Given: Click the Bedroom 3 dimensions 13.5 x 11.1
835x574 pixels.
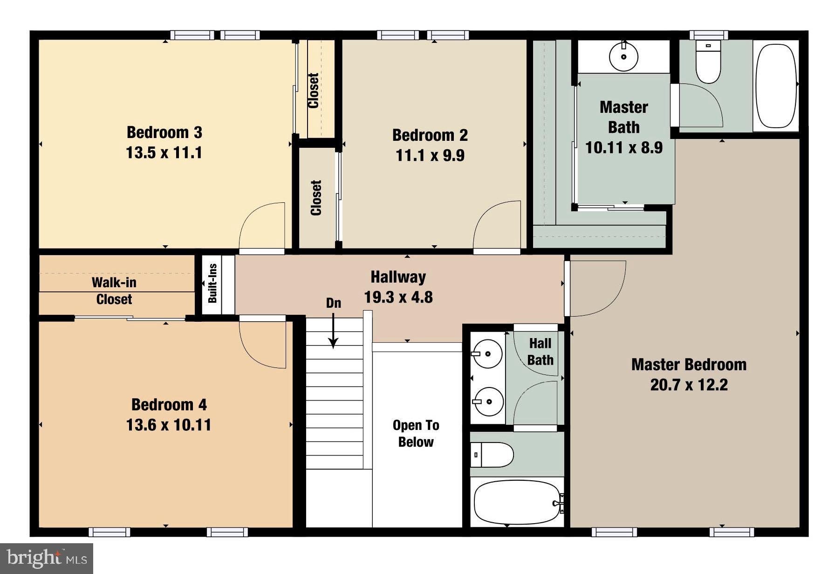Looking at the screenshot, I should click(164, 153).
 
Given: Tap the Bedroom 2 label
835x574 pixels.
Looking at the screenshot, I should click(430, 135).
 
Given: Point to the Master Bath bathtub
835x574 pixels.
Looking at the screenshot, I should click(776, 86).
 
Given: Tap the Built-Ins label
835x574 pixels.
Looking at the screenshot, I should click(212, 284).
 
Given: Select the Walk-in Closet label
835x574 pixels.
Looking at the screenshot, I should click(114, 290).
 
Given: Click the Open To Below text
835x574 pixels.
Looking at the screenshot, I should click(416, 433).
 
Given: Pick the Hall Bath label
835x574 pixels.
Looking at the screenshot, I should click(540, 352).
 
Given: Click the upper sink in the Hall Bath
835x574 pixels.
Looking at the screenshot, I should click(487, 354).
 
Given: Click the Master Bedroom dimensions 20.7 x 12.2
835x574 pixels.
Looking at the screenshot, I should click(689, 385).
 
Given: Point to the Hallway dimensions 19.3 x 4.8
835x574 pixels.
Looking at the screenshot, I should click(398, 297).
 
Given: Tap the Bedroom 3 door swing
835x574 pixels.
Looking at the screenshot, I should click(262, 226).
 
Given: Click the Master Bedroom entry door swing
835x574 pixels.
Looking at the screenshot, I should click(597, 288).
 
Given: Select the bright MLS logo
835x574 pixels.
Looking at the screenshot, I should click(47, 558).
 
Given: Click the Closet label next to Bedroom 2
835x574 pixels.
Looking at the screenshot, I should click(316, 198).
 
